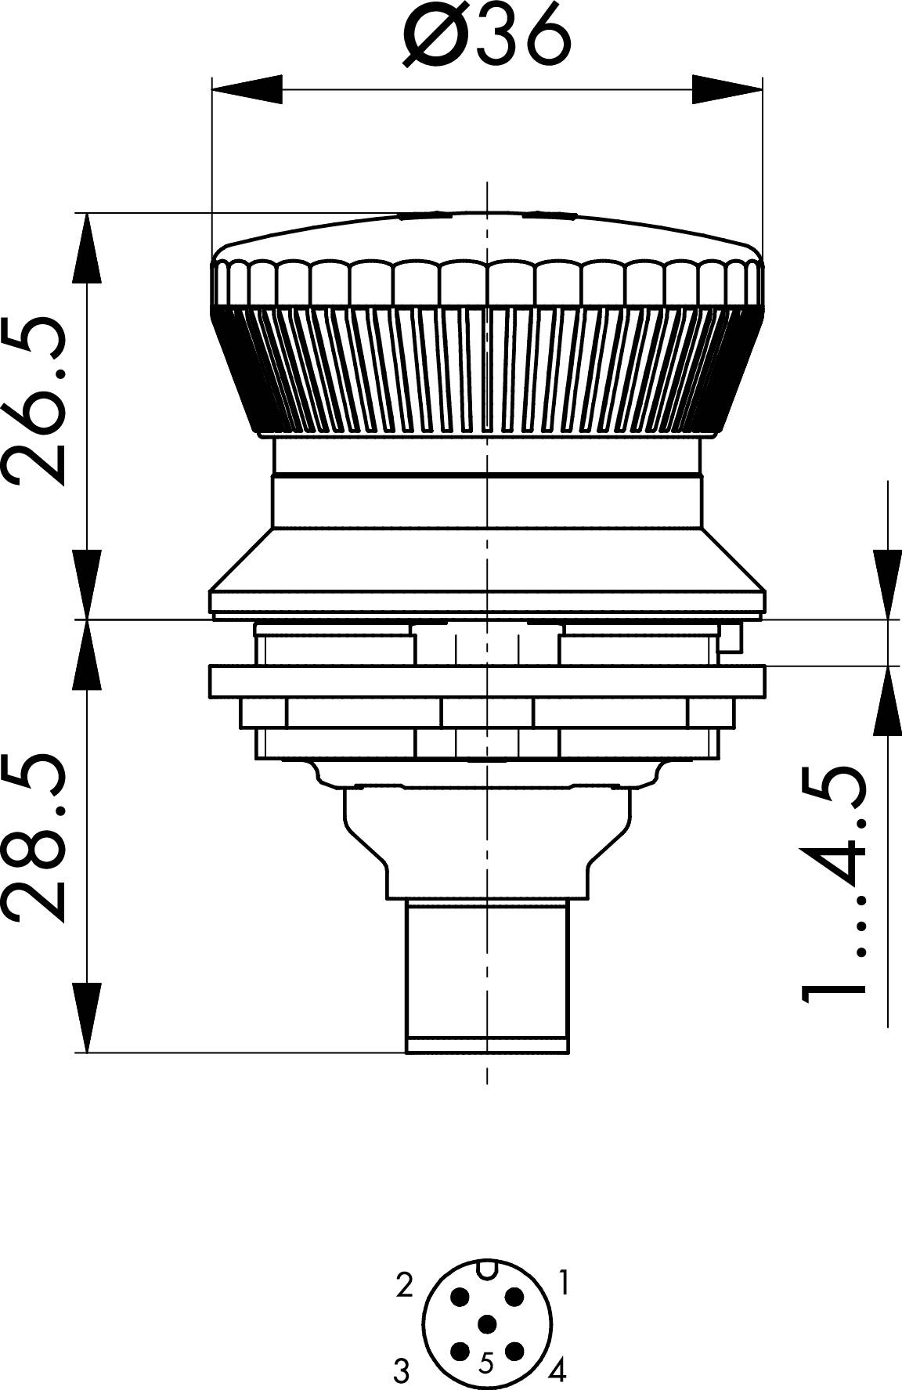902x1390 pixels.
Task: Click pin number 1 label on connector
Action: pyautogui.click(x=563, y=1283)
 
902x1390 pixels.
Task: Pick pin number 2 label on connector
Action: pyautogui.click(x=404, y=1285)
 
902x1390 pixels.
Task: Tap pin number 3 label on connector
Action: pyautogui.click(x=401, y=1371)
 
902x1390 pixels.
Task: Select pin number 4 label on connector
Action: pyautogui.click(x=557, y=1370)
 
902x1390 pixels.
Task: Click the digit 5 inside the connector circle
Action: pyautogui.click(x=486, y=1363)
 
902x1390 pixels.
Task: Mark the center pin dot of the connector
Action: pyautogui.click(x=487, y=1323)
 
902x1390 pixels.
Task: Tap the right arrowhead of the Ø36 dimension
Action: pyautogui.click(x=727, y=88)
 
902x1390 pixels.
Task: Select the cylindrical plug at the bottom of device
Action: pyautogui.click(x=486, y=975)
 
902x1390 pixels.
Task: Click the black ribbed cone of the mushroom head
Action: pyautogui.click(x=486, y=368)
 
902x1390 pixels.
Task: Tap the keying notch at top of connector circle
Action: pyautogui.click(x=487, y=1268)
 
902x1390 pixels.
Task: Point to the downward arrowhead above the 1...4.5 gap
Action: pyautogui.click(x=888, y=584)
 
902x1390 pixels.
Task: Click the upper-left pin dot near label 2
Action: pyautogui.click(x=460, y=1297)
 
